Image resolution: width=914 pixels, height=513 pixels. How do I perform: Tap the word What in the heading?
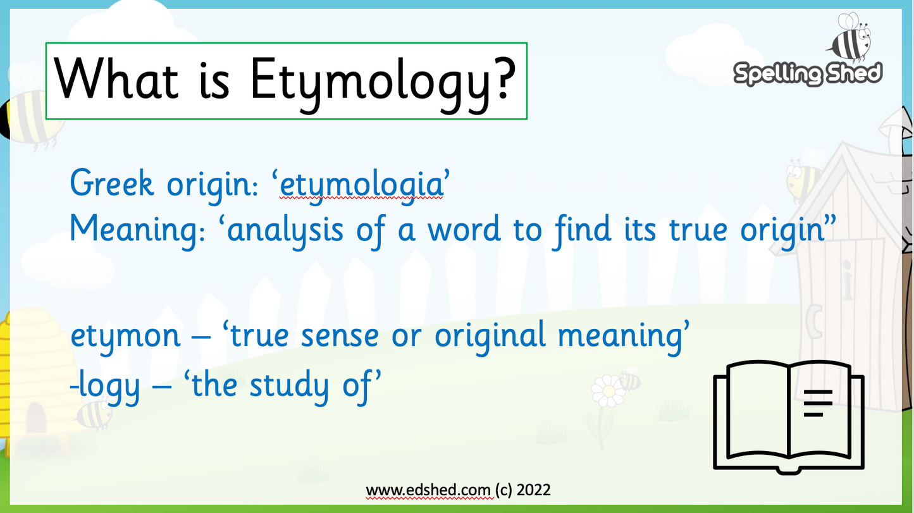(x=118, y=81)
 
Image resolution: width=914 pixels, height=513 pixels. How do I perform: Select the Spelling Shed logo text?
(x=807, y=74)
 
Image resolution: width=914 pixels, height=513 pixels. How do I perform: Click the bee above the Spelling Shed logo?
(x=849, y=38)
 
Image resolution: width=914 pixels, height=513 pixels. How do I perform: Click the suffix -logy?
(x=105, y=385)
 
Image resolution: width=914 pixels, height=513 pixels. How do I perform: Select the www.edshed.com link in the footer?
(x=428, y=490)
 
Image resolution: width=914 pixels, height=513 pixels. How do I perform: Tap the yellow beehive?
(x=28, y=380)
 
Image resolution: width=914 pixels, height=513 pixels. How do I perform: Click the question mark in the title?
(x=500, y=82)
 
